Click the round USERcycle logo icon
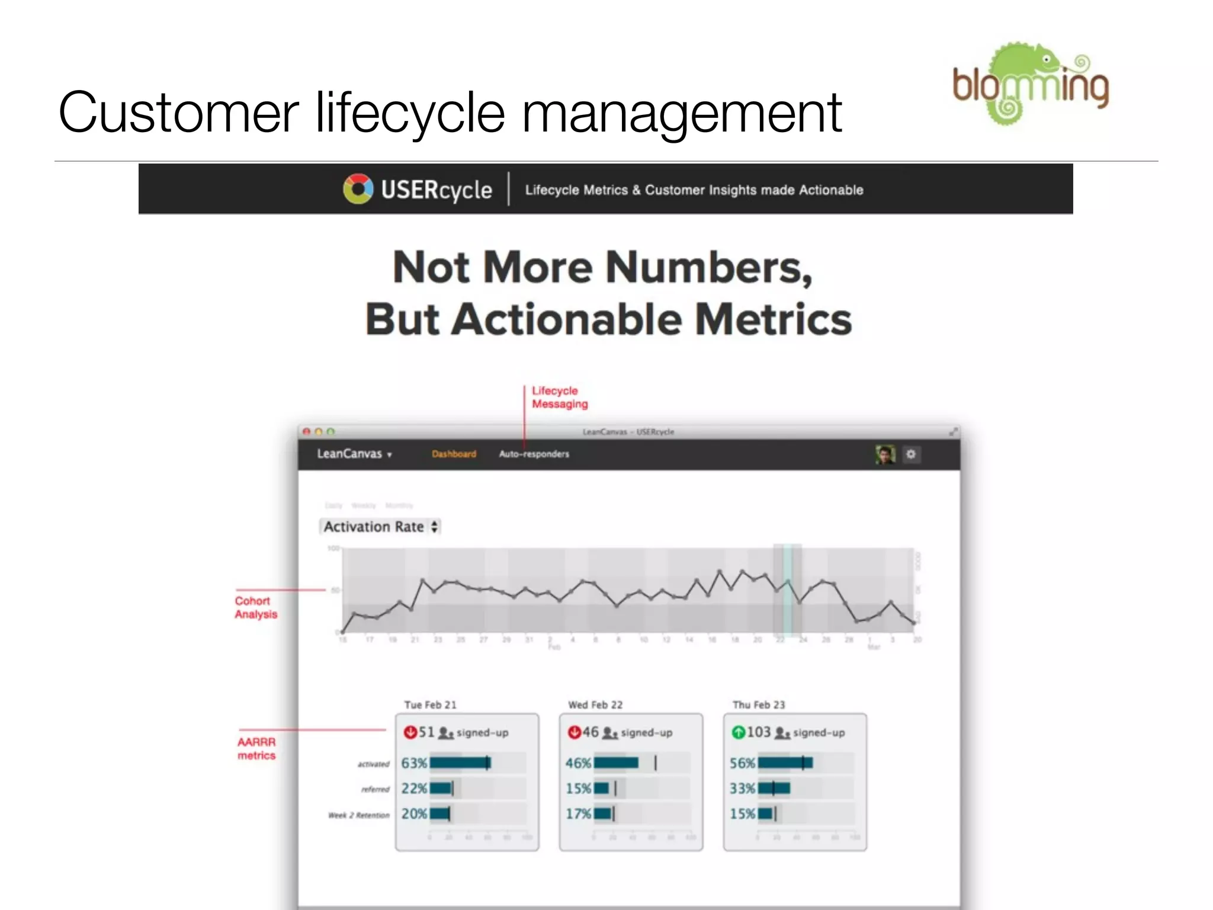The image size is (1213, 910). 358,189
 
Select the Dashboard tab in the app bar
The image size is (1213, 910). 454,454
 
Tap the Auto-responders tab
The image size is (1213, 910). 534,454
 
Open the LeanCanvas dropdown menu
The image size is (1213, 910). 354,454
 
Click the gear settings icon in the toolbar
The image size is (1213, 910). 911,454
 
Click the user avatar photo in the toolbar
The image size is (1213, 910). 885,454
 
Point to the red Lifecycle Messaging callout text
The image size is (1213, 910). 559,398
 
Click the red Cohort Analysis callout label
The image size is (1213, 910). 256,608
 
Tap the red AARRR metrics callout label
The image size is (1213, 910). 256,749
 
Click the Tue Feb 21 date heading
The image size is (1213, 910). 430,705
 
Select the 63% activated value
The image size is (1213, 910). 413,763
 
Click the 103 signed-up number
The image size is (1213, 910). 759,732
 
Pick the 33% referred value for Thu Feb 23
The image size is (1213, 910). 742,789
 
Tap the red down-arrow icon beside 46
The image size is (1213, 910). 574,733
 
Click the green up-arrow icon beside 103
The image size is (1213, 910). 738,733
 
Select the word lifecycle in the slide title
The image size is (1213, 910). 410,113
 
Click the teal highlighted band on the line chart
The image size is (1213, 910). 788,589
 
